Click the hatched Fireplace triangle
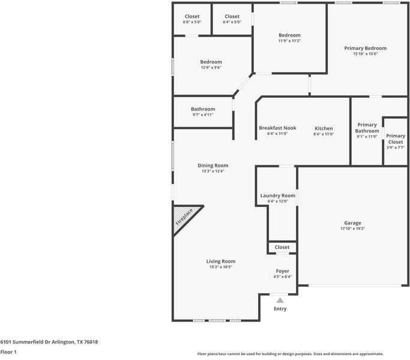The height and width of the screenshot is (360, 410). (184, 217)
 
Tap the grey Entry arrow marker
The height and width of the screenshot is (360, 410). (280, 300)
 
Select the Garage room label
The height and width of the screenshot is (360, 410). (352, 223)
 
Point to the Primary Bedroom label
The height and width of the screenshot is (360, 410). (366, 49)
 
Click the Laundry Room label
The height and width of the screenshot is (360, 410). (278, 196)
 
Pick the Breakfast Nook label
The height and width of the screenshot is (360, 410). (277, 128)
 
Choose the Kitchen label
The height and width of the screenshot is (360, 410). (324, 128)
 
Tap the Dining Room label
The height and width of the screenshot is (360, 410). (213, 166)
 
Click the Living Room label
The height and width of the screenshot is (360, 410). (221, 261)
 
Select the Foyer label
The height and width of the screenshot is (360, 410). (282, 271)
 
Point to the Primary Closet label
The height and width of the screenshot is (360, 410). (396, 139)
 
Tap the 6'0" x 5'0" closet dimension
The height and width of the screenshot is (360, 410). (192, 22)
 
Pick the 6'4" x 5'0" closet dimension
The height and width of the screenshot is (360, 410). (232, 22)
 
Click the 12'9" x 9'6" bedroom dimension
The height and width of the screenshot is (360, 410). (211, 67)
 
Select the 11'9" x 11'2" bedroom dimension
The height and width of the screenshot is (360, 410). (289, 41)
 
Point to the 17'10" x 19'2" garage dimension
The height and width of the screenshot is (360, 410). (352, 229)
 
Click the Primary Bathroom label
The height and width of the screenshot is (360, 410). (367, 128)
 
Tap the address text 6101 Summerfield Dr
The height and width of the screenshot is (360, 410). (25, 342)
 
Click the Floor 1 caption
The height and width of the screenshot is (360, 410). (8, 352)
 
